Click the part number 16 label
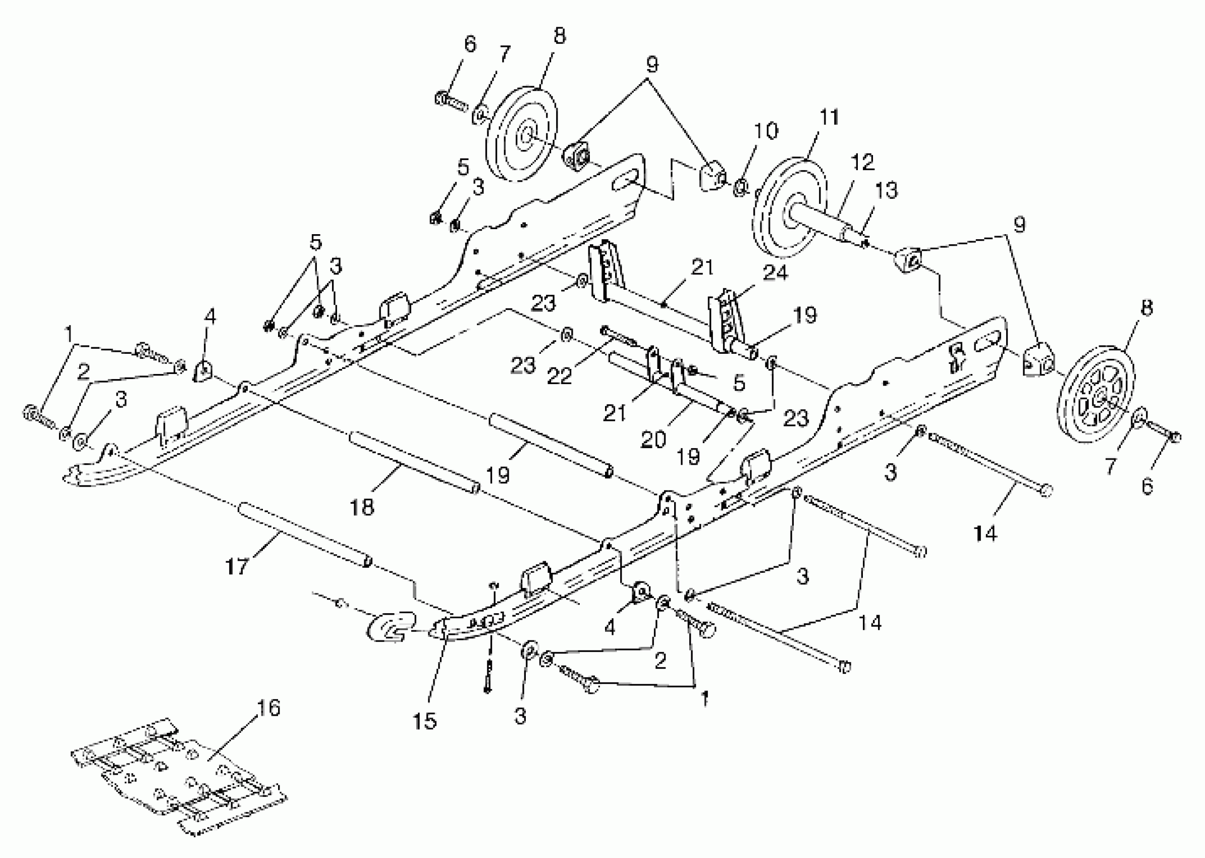pyautogui.click(x=268, y=708)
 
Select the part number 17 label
pyautogui.click(x=237, y=567)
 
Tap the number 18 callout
pyautogui.click(x=362, y=507)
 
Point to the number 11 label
pyautogui.click(x=829, y=117)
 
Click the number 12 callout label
pyautogui.click(x=862, y=162)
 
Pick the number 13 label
pyautogui.click(x=887, y=190)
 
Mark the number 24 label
pyautogui.click(x=775, y=273)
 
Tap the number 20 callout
pyautogui.click(x=653, y=439)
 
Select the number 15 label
pyautogui.click(x=425, y=721)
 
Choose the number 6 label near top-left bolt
pyautogui.click(x=469, y=44)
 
